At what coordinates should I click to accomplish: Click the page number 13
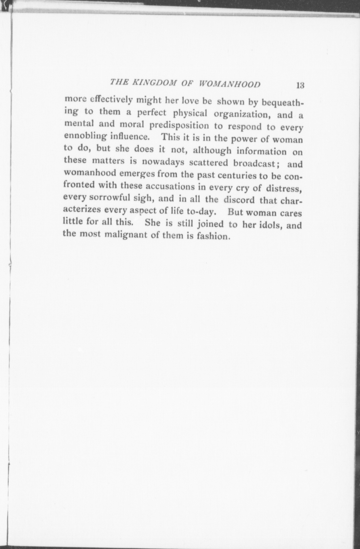pyautogui.click(x=300, y=85)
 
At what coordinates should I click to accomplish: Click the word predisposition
pyautogui.click(x=179, y=126)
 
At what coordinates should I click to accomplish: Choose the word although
pyautogui.click(x=212, y=151)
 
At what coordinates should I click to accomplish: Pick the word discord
pyautogui.click(x=239, y=200)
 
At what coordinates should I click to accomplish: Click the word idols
pyautogui.click(x=268, y=225)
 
